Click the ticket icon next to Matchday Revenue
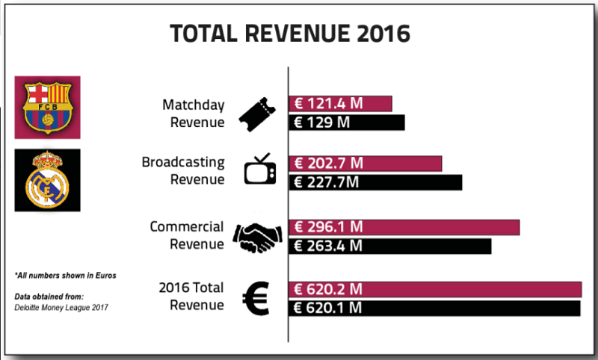tap(255, 113)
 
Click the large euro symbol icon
tap(256, 297)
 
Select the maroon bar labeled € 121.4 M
tap(340, 104)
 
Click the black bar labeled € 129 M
tap(346, 122)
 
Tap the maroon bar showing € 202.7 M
tap(365, 164)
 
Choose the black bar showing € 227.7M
tap(375, 181)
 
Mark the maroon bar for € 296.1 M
tap(404, 227)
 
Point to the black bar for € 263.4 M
tap(389, 246)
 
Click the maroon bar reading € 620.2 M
tap(435, 290)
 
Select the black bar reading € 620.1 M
tap(434, 308)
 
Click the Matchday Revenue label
tap(193, 113)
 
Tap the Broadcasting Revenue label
tap(183, 170)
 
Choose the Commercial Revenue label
tap(186, 235)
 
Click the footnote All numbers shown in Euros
tap(65, 276)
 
